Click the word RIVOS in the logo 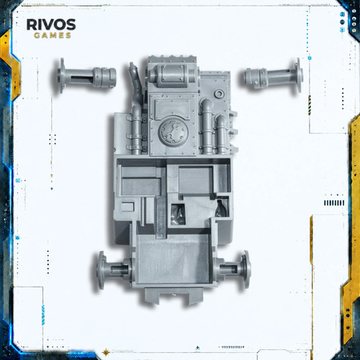click(x=51, y=24)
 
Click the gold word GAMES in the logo click(x=53, y=35)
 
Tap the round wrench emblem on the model click(x=173, y=132)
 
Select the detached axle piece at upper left click(x=86, y=76)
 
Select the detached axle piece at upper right click(x=274, y=76)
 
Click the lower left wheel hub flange click(x=102, y=269)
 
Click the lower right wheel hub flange click(x=246, y=269)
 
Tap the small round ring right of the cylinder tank click(x=219, y=94)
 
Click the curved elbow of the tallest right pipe click(x=207, y=104)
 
